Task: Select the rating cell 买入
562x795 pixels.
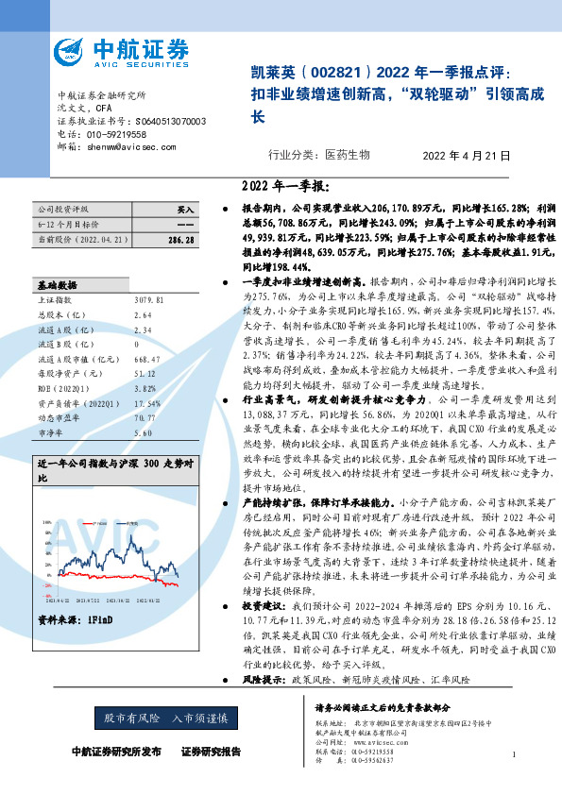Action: click(x=185, y=209)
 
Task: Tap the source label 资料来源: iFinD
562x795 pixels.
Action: click(x=76, y=621)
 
